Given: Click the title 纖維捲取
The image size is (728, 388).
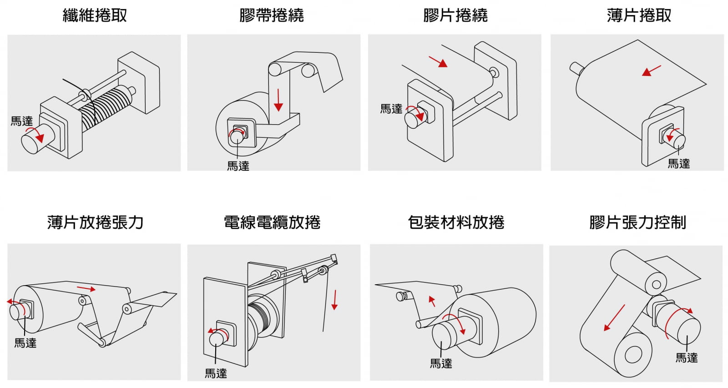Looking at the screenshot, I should (x=95, y=15).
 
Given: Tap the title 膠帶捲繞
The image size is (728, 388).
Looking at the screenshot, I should (x=272, y=15).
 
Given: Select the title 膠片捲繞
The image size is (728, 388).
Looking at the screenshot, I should (x=455, y=15).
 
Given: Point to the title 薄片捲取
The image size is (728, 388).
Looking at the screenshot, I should (x=639, y=15).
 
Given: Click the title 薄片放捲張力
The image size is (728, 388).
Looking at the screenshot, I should (x=95, y=222).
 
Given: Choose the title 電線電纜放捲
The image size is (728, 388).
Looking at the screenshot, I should (x=272, y=222).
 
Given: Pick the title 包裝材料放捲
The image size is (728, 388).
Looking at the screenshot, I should (x=456, y=222).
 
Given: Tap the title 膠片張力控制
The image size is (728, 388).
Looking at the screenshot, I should (x=637, y=222).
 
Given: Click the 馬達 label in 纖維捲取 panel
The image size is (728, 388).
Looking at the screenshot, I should (x=22, y=121).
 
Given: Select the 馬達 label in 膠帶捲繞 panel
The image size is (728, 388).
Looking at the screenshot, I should (x=238, y=166).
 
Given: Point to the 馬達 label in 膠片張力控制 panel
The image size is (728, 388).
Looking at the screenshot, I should (x=686, y=358).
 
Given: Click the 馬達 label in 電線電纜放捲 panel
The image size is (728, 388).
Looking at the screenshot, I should (x=216, y=373).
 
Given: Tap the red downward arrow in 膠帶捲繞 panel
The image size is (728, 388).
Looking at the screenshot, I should (x=278, y=100).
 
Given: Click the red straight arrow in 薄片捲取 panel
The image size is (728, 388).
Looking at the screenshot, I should (x=652, y=71).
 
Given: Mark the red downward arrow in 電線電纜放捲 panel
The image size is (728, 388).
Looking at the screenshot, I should (x=334, y=300).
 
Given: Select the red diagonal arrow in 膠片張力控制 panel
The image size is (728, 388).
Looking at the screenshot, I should (x=614, y=317).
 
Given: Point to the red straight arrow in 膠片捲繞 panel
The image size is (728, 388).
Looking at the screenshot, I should (x=438, y=61).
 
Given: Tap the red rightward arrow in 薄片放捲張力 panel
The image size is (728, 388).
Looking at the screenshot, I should (x=86, y=288).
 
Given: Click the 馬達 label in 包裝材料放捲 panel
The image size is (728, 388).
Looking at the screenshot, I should (x=441, y=363).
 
